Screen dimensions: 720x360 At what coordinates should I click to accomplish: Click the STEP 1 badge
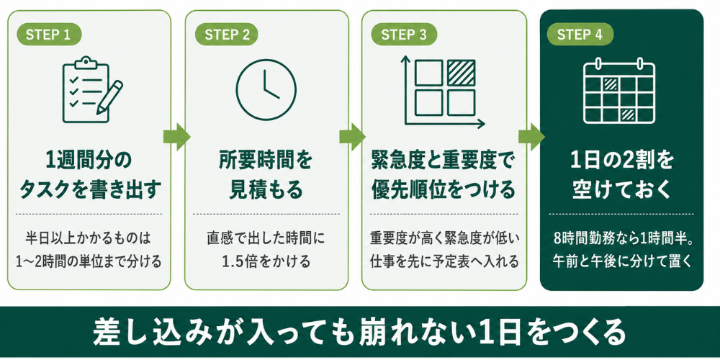click(49, 34)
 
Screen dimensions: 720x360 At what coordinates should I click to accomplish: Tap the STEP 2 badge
click(226, 34)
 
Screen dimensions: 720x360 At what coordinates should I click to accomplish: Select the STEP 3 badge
click(404, 34)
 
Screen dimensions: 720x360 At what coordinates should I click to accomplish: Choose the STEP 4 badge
click(580, 34)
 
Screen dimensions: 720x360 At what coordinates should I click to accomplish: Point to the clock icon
click(266, 89)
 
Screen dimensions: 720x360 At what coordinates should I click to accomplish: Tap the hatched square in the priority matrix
click(462, 73)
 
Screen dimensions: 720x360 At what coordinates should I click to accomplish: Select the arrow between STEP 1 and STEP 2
click(177, 136)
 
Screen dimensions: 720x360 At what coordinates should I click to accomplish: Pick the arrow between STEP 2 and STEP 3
click(353, 136)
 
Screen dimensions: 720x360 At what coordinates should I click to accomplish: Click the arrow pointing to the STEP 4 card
click(532, 136)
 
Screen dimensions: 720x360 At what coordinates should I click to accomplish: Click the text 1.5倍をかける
click(266, 261)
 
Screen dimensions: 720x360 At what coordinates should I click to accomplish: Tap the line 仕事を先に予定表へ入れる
click(444, 261)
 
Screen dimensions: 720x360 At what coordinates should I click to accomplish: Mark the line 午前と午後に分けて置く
click(622, 261)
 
